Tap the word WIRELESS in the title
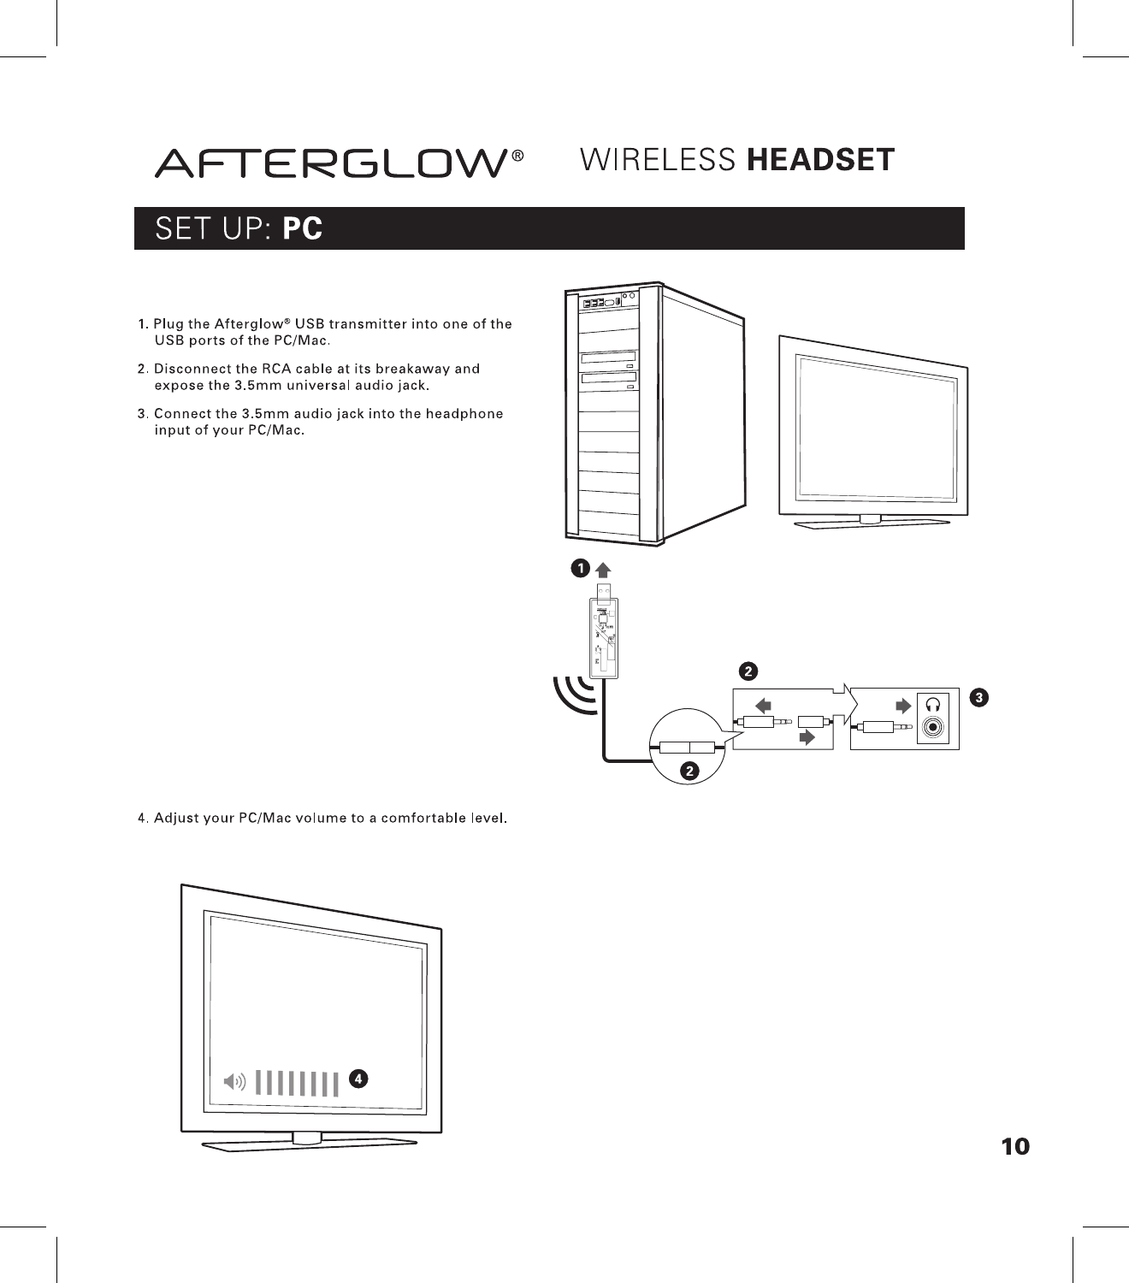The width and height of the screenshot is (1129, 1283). pos(658,160)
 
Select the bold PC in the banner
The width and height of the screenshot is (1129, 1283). pos(303,229)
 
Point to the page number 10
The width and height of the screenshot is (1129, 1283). pos(1015,1146)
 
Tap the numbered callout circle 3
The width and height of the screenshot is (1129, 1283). pos(978,698)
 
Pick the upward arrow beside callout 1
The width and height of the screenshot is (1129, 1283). pos(603,570)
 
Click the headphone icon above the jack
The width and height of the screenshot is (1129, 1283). pos(933,704)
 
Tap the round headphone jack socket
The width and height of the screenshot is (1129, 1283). pos(933,728)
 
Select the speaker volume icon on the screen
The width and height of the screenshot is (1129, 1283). pos(233,1082)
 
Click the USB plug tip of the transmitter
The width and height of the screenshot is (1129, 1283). pos(605,590)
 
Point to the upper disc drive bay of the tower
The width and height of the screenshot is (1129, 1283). pos(608,358)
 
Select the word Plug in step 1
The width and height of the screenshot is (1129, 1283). pos(168,323)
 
